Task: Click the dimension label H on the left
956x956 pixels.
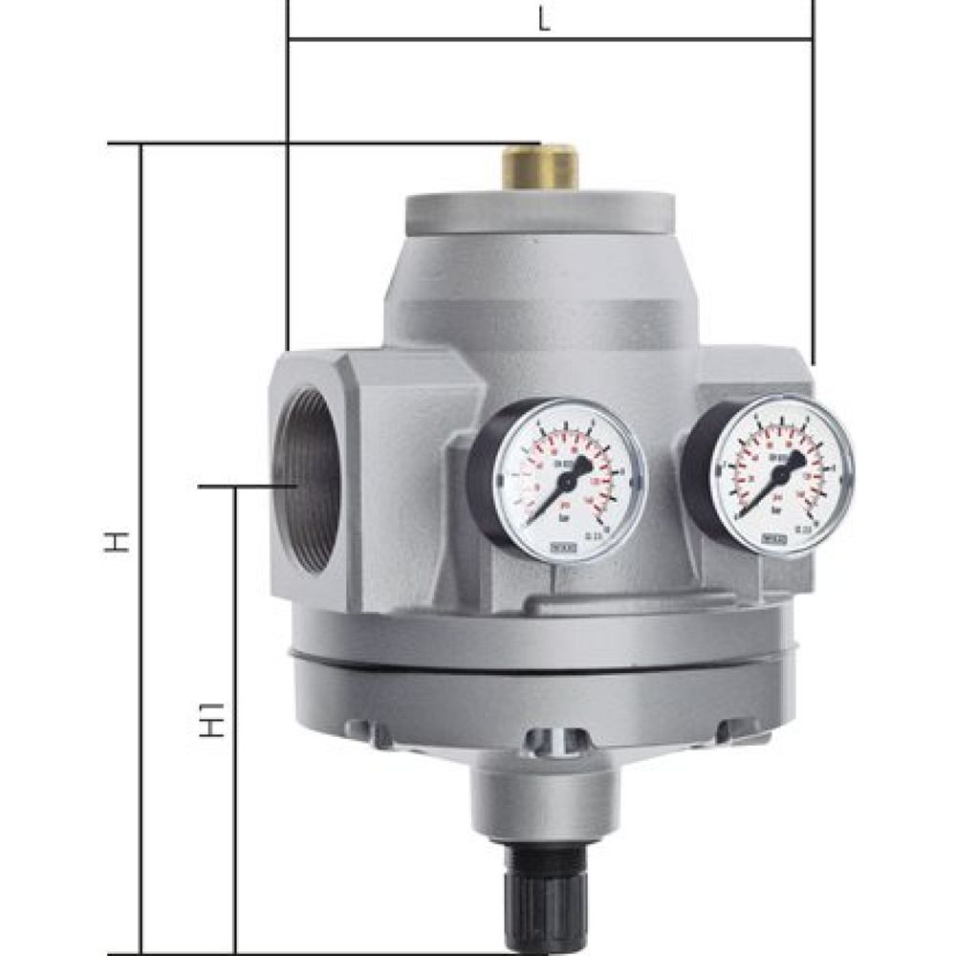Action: [x=117, y=542]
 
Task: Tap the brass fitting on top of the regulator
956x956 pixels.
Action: [x=540, y=166]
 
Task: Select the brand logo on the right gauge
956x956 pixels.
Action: [x=774, y=538]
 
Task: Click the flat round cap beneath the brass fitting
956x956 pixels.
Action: [x=541, y=212]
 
